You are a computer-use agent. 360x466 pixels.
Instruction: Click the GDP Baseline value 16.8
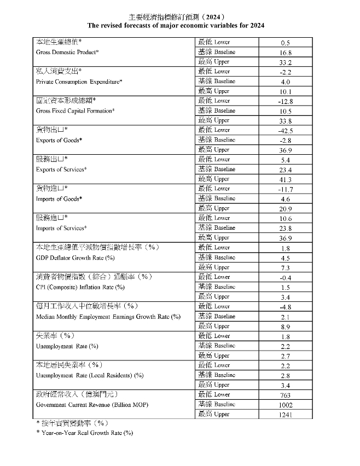285,53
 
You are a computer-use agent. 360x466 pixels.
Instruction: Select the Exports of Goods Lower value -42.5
285,131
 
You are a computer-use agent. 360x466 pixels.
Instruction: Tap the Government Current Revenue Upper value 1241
285,415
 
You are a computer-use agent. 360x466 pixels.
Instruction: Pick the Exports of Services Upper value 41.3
285,179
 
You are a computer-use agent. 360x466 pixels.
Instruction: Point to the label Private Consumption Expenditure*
79,81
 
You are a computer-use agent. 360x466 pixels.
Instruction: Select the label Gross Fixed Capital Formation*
75,110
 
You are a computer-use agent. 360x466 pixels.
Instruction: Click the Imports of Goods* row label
59,199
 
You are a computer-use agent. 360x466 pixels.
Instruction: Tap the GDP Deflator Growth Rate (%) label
75,257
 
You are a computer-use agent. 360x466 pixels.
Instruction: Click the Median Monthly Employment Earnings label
108,316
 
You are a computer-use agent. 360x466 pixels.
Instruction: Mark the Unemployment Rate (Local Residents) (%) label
90,375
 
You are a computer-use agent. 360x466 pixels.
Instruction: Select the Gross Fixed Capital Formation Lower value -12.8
285,101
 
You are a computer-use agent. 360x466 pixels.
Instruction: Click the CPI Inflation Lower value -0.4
285,277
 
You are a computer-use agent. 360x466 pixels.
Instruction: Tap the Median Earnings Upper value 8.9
285,327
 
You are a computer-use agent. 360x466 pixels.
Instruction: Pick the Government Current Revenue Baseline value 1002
285,405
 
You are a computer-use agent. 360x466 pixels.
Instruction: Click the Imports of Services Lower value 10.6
285,219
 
